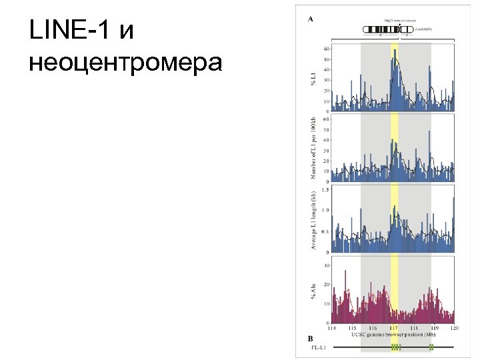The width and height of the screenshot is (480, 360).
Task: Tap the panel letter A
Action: pos(311,19)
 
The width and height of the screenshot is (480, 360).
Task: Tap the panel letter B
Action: pos(311,338)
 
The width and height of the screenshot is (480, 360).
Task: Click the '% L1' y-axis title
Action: pos(313,81)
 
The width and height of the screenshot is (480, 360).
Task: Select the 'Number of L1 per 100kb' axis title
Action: pos(313,147)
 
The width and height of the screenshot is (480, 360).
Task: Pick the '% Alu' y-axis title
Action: pos(313,291)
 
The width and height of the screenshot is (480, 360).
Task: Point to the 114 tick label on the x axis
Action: pos(332,328)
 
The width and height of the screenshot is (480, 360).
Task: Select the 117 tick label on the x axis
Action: pos(393,328)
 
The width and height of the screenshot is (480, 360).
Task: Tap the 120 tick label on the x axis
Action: pos(455,328)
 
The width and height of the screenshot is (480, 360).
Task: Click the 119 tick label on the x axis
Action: pos(435,328)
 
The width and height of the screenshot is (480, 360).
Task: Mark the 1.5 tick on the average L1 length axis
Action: pos(325,190)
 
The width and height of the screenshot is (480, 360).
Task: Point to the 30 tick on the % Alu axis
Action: pos(326,265)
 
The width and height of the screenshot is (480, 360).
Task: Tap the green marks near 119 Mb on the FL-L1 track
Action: pos(431,347)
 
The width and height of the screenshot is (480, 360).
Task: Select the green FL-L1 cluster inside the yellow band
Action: pos(395,347)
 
